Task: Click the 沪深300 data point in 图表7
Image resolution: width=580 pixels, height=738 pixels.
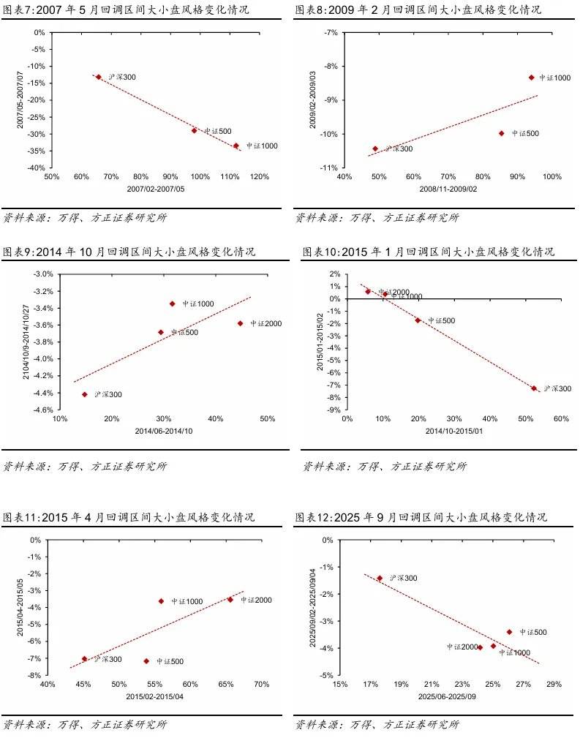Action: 99,77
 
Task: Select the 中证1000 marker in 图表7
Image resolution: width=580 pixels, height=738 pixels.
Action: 236,146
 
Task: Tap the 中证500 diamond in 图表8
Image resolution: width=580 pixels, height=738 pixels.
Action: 502,133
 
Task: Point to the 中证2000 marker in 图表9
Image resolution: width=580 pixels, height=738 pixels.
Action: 240,323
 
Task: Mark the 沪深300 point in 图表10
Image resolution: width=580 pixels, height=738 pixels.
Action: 534,388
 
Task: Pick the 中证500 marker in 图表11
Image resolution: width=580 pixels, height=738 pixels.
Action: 146,661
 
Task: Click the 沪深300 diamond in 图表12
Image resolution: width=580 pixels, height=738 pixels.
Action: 380,578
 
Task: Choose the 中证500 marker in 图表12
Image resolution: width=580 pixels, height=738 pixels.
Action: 509,632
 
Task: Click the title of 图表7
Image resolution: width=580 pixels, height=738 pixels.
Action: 126,10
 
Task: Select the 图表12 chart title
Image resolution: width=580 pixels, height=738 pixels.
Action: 421,518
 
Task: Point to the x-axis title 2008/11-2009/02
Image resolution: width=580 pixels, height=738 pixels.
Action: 448,189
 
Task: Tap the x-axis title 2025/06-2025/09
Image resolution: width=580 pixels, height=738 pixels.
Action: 446,697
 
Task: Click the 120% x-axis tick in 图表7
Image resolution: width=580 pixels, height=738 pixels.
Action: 259,177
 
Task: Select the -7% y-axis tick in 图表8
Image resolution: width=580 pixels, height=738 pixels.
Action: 330,33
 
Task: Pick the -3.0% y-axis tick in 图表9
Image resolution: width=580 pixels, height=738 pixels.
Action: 43,274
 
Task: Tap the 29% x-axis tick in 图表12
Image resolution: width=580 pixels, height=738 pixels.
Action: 554,685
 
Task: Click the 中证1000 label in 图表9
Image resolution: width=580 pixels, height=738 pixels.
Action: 198,304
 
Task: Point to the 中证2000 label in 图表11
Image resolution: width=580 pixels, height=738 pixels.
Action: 256,600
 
